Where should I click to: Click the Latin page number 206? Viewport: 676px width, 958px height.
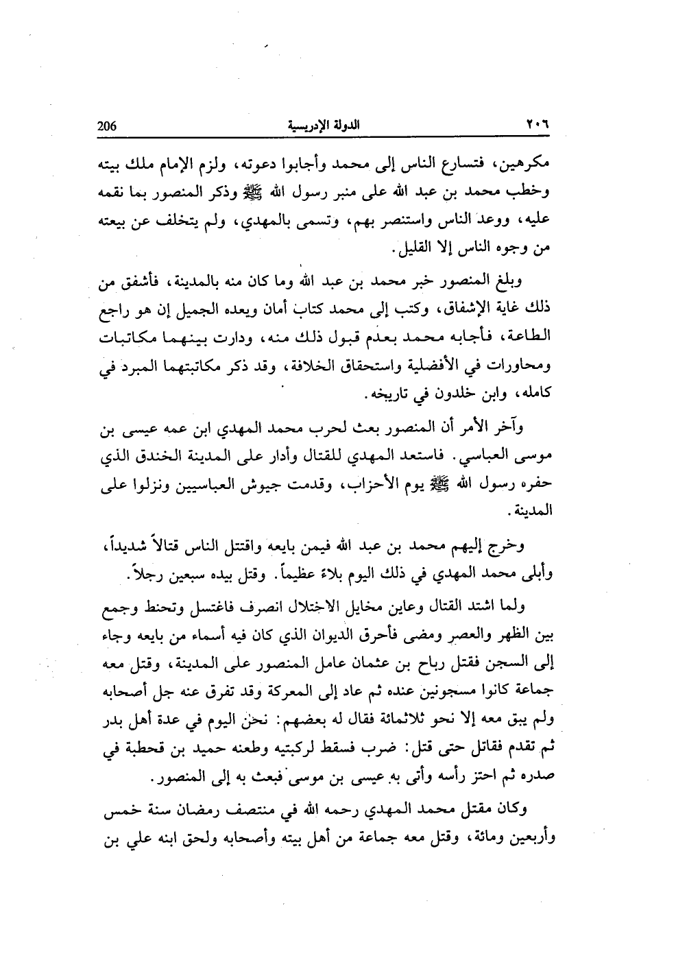pyautogui.click(x=108, y=126)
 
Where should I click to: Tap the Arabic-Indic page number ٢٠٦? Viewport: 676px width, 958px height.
pyautogui.click(x=540, y=126)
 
